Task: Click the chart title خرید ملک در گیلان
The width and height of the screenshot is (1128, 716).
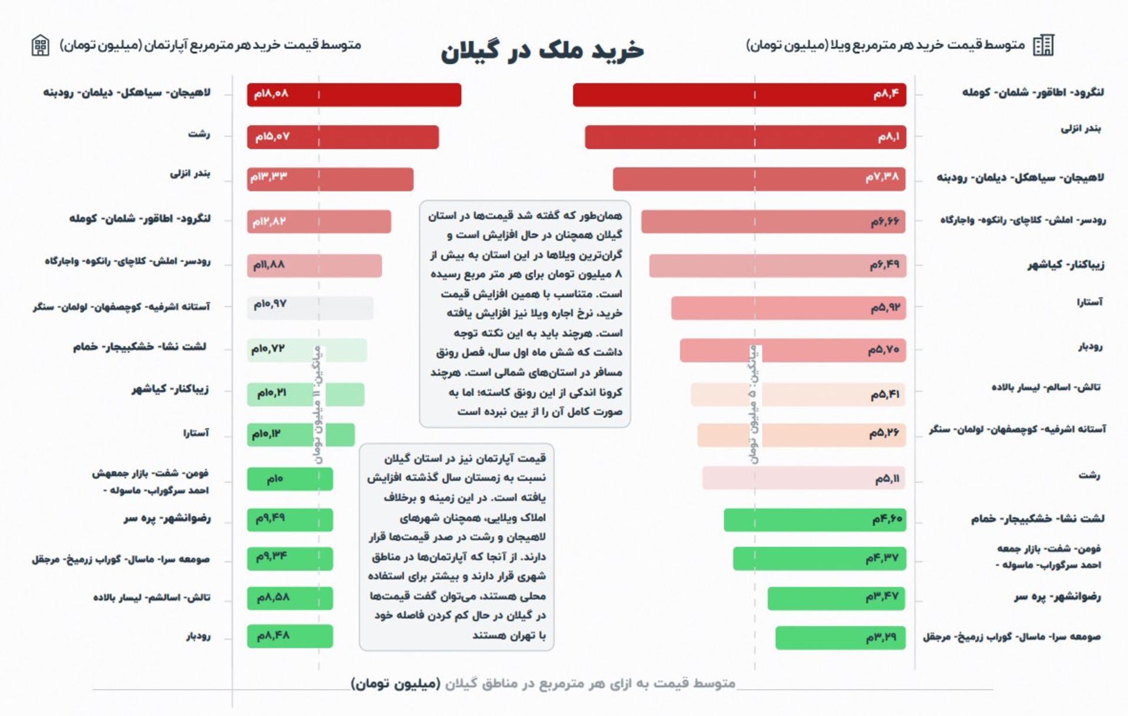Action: (x=542, y=50)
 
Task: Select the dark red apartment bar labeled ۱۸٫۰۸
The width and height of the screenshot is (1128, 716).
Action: (x=354, y=95)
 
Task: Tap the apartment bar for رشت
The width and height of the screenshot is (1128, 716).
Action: (x=343, y=137)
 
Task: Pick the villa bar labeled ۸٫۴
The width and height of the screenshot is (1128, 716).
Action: (x=739, y=95)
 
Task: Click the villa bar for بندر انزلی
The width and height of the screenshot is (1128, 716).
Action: (x=745, y=137)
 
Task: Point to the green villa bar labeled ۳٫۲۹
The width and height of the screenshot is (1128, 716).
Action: (x=840, y=638)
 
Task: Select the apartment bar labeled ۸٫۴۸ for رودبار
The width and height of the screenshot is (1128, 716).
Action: (x=290, y=636)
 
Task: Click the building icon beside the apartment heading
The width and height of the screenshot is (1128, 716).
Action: (x=41, y=45)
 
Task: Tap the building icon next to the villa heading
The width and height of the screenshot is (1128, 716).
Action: (x=1044, y=45)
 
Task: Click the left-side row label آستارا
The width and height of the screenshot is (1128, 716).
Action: (x=196, y=433)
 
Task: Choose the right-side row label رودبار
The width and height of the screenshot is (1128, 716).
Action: (x=1090, y=347)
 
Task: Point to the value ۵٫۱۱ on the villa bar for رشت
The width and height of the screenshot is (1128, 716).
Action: (x=887, y=479)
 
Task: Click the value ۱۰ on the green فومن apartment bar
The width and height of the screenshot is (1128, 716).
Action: (x=275, y=479)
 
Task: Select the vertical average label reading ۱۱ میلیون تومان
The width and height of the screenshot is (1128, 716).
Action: (x=318, y=406)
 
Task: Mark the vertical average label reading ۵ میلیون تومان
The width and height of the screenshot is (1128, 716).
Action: (x=754, y=406)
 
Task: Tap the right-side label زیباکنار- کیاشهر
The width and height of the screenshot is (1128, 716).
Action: (x=1066, y=265)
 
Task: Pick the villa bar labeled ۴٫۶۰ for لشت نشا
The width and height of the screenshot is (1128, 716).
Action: (x=814, y=520)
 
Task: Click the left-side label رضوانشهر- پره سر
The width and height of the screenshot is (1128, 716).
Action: (x=167, y=518)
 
